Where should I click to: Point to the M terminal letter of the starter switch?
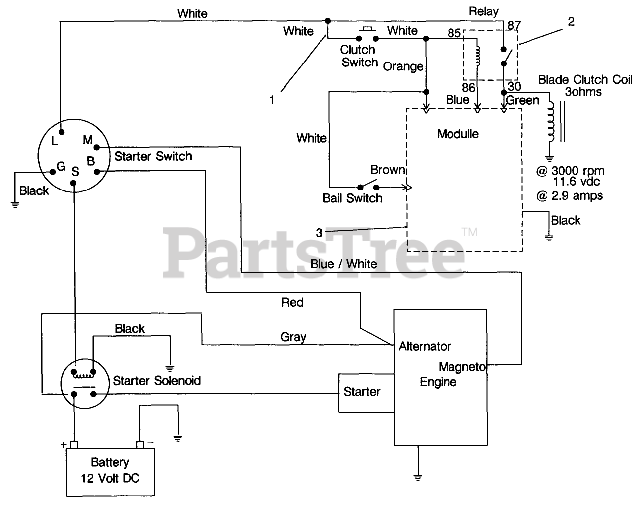87,140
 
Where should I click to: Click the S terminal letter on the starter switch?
75,172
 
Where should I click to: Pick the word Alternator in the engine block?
424,346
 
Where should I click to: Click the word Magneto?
462,367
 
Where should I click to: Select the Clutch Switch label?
358,56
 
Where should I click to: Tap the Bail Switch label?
352,198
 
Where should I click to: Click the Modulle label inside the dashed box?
458,134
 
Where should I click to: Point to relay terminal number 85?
454,34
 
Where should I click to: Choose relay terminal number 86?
468,87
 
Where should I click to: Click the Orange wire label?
403,66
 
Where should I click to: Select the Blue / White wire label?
344,264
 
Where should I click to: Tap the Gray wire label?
293,337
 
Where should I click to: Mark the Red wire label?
292,302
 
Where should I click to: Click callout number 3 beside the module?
319,233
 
